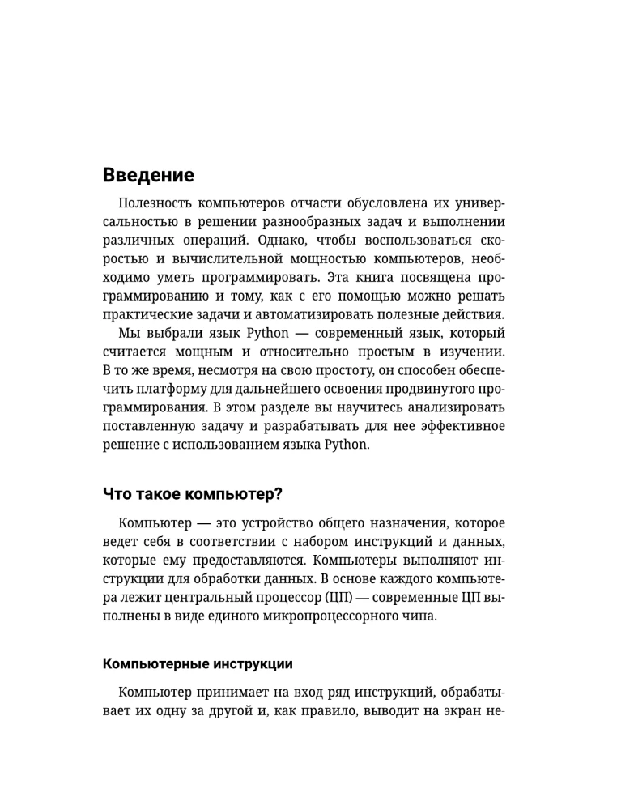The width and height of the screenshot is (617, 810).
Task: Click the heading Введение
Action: click(x=148, y=175)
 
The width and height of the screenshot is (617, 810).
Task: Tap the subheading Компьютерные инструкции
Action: click(x=198, y=663)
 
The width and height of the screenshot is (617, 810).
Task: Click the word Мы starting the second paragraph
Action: click(x=129, y=335)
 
